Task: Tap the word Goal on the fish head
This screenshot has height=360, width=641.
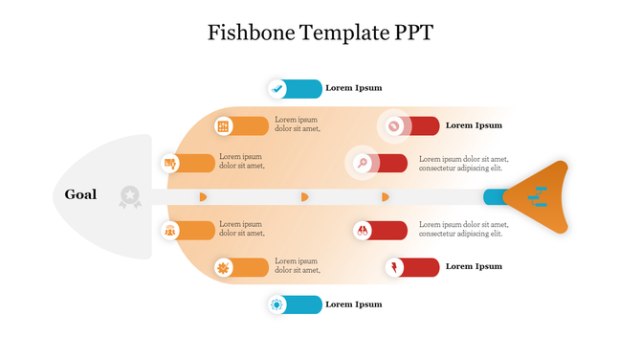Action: click(x=80, y=194)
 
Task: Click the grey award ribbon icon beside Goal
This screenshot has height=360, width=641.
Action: click(x=129, y=196)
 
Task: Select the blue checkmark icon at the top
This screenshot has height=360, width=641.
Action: click(x=277, y=88)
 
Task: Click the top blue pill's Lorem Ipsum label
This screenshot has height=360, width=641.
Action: click(x=353, y=88)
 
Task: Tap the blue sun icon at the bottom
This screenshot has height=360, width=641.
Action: click(x=277, y=304)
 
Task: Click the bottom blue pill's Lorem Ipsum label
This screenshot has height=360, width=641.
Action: click(x=353, y=304)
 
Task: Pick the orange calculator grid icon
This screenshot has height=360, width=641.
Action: click(x=223, y=125)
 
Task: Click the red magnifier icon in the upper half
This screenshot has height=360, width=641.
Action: click(x=363, y=163)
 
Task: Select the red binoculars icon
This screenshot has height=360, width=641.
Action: click(x=363, y=230)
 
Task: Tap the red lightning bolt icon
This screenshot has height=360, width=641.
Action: click(x=394, y=266)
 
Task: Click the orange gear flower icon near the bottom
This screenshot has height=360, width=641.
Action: click(x=223, y=267)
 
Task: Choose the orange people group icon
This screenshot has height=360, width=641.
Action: click(x=170, y=230)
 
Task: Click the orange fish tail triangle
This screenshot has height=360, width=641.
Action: click(x=541, y=197)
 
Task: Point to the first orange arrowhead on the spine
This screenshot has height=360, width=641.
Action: click(x=203, y=196)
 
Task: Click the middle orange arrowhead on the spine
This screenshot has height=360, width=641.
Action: click(x=305, y=196)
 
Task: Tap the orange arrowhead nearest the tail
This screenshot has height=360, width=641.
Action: click(x=386, y=196)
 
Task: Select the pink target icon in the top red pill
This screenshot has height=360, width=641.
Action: click(x=394, y=125)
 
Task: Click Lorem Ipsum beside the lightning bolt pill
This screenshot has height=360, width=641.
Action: click(x=474, y=266)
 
